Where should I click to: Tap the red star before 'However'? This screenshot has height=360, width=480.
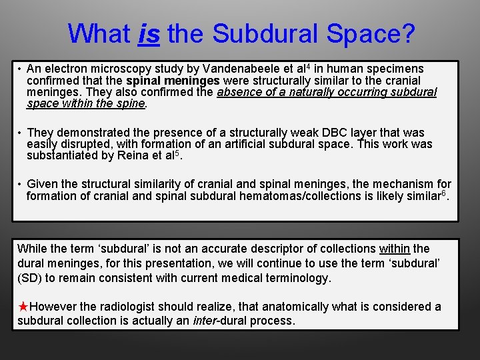coord(23,307)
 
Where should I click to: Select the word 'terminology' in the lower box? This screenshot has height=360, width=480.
coord(297,278)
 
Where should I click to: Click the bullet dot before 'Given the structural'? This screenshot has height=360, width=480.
coord(21,184)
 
